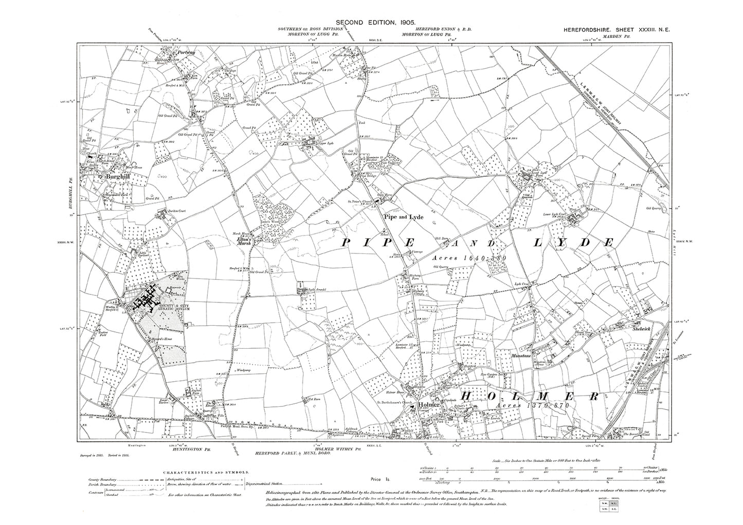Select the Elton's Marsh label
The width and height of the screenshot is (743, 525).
click(x=242, y=240)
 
